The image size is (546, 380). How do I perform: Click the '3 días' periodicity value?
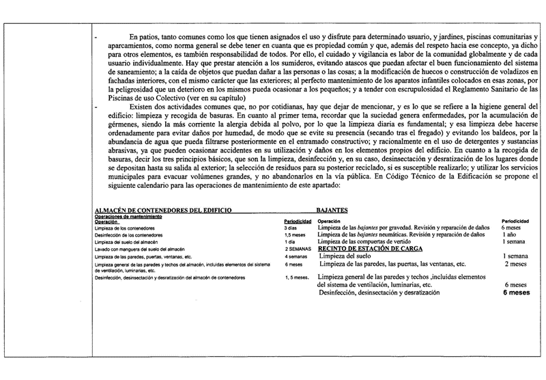[291, 228]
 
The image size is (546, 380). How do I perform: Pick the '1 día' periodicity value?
[290, 243]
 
